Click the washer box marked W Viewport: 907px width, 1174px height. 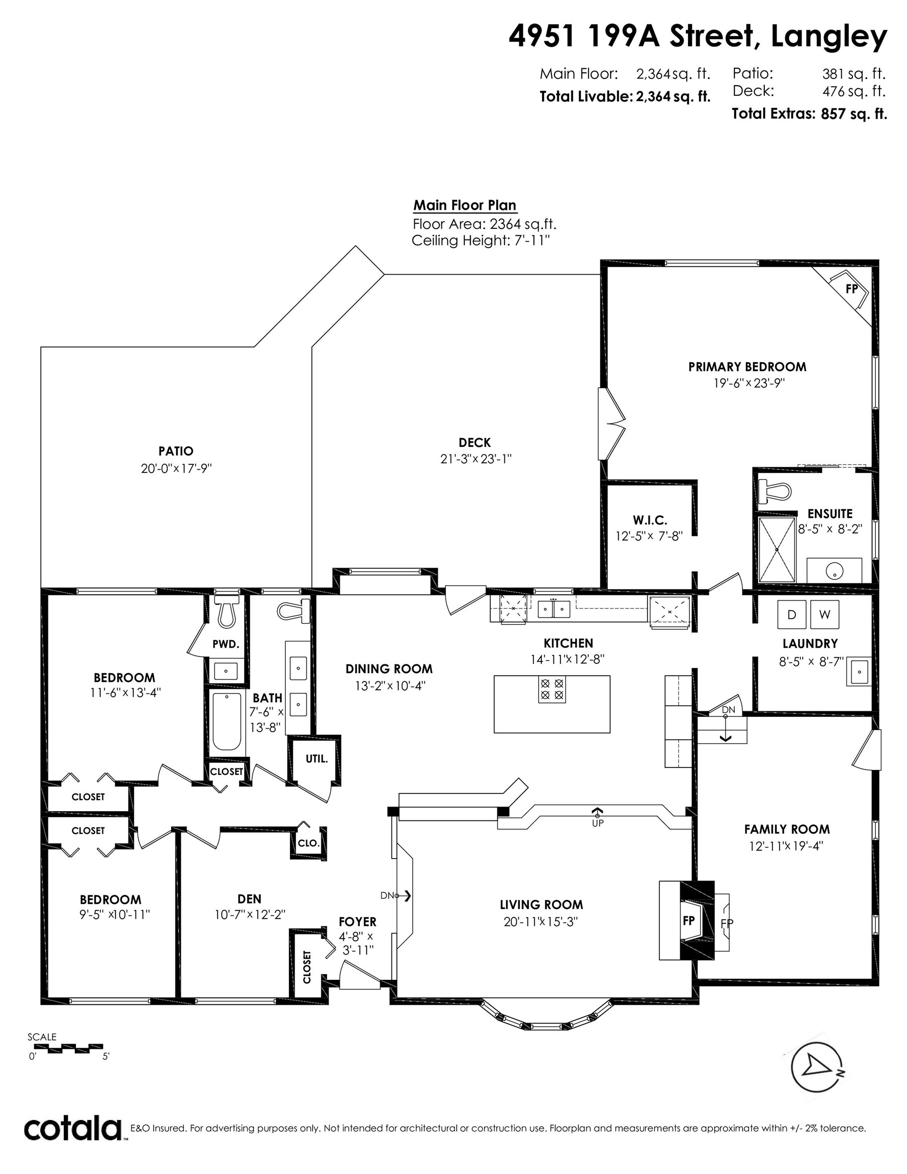coord(824,614)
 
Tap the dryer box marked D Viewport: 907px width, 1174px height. coord(791,614)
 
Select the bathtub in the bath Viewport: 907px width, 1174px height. coord(226,722)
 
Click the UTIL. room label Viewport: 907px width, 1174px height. coord(316,759)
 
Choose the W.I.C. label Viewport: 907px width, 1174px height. coord(650,520)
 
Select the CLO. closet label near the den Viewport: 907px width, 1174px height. coord(309,843)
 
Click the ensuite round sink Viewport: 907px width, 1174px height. coord(835,570)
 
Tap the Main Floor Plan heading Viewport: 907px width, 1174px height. coord(465,205)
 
